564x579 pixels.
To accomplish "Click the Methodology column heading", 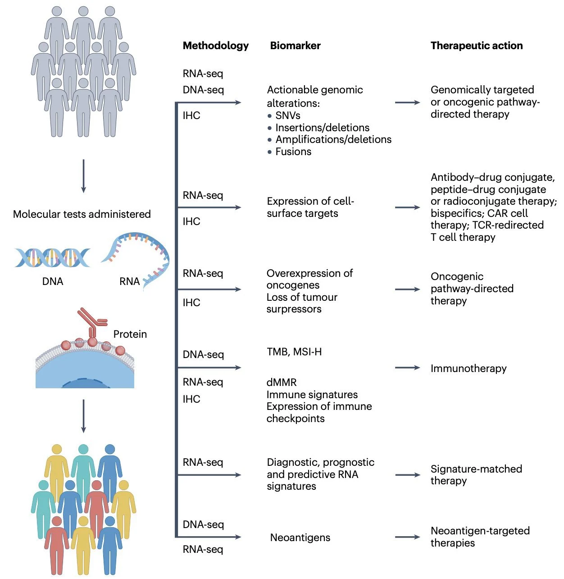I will tap(215, 46).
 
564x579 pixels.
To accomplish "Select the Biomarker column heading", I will tap(295, 46).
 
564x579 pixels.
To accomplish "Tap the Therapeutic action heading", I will tap(476, 46).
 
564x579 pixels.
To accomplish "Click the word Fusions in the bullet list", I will tap(293, 152).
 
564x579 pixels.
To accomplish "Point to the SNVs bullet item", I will tap(287, 115).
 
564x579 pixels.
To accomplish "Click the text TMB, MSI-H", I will tap(294, 352).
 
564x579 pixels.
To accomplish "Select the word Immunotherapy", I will tap(468, 368).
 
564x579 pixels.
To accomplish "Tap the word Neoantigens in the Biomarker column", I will tap(300, 538).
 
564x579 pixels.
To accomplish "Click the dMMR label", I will tap(282, 382).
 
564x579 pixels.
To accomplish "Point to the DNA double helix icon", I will tap(52, 257).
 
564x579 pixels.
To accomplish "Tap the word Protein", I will tap(130, 334).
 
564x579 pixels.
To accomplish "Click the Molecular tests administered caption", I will tap(82, 214).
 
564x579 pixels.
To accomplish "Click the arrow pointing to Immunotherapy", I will tap(407, 368).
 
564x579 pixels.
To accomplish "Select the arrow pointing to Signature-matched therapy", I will tap(407, 475).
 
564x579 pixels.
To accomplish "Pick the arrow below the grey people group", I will tap(83, 176).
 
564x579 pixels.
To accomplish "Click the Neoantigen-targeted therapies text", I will tap(480, 537).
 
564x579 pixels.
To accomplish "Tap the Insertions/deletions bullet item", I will tap(322, 128).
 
